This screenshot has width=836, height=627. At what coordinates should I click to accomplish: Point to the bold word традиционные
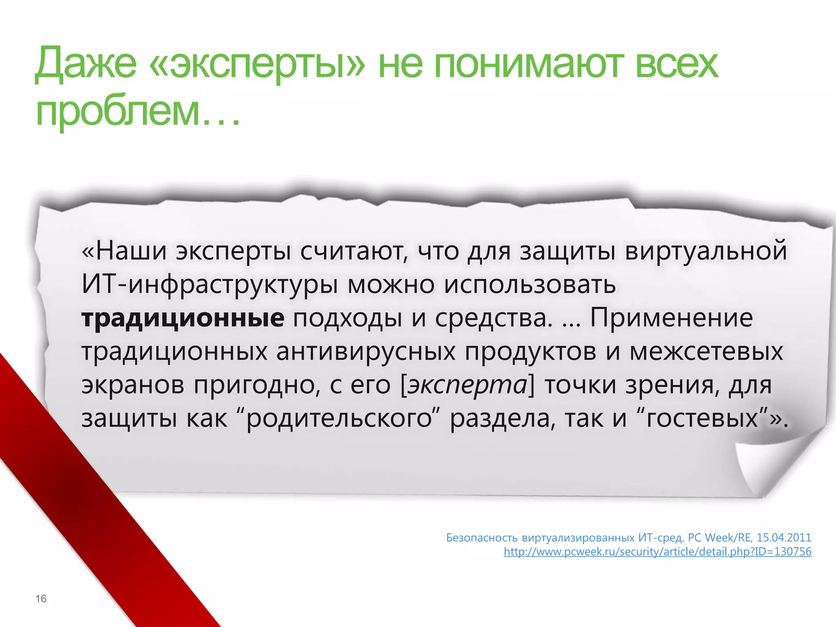point(183,318)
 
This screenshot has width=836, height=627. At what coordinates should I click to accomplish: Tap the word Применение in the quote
point(671,318)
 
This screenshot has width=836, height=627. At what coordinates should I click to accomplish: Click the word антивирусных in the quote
point(366,351)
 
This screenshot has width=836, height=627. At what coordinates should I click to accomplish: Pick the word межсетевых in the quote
point(706,351)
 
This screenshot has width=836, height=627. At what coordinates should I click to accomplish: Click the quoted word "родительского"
point(339,418)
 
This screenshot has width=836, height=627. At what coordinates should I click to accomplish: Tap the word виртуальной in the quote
point(706,251)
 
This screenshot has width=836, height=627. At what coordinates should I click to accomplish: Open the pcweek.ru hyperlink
point(657,552)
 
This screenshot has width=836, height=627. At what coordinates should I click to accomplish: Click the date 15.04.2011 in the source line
point(784,538)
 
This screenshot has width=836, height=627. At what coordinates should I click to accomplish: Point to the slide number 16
point(41,599)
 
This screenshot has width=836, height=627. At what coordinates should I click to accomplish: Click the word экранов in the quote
point(133,385)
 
